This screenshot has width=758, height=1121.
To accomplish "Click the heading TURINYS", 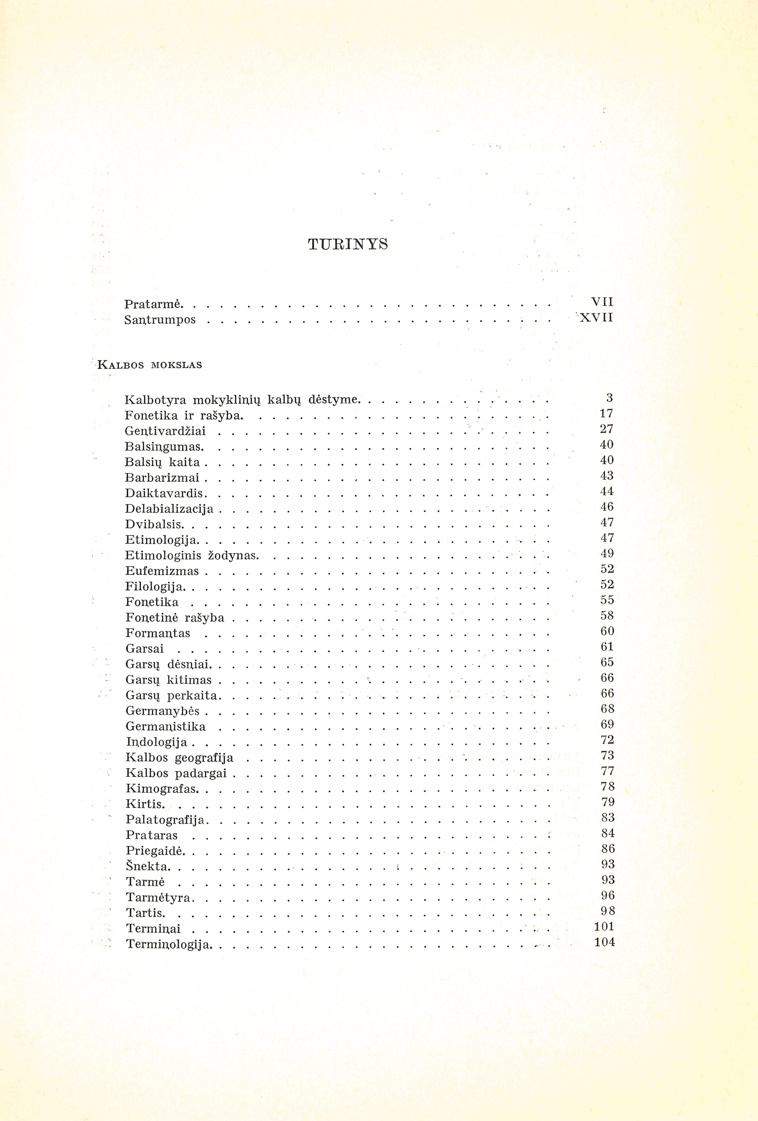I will point(348,245).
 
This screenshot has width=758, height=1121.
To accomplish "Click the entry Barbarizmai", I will point(162,478).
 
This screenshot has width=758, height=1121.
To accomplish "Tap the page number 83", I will point(608,818).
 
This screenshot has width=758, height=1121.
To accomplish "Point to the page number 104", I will point(605,942).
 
